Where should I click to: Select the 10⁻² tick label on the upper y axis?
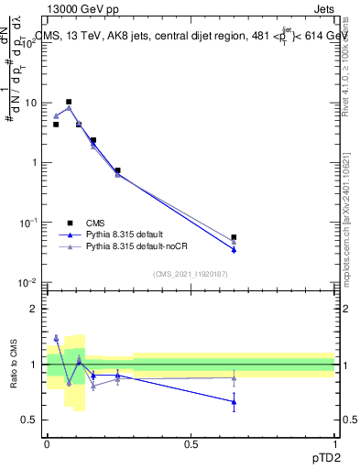(x=30, y=283)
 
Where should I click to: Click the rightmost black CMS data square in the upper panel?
(x=234, y=237)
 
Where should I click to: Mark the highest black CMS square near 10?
(x=69, y=102)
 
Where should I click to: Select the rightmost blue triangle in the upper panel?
(x=234, y=249)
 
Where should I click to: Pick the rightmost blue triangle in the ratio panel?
(x=234, y=401)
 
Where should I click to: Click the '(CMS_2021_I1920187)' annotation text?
(x=191, y=275)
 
